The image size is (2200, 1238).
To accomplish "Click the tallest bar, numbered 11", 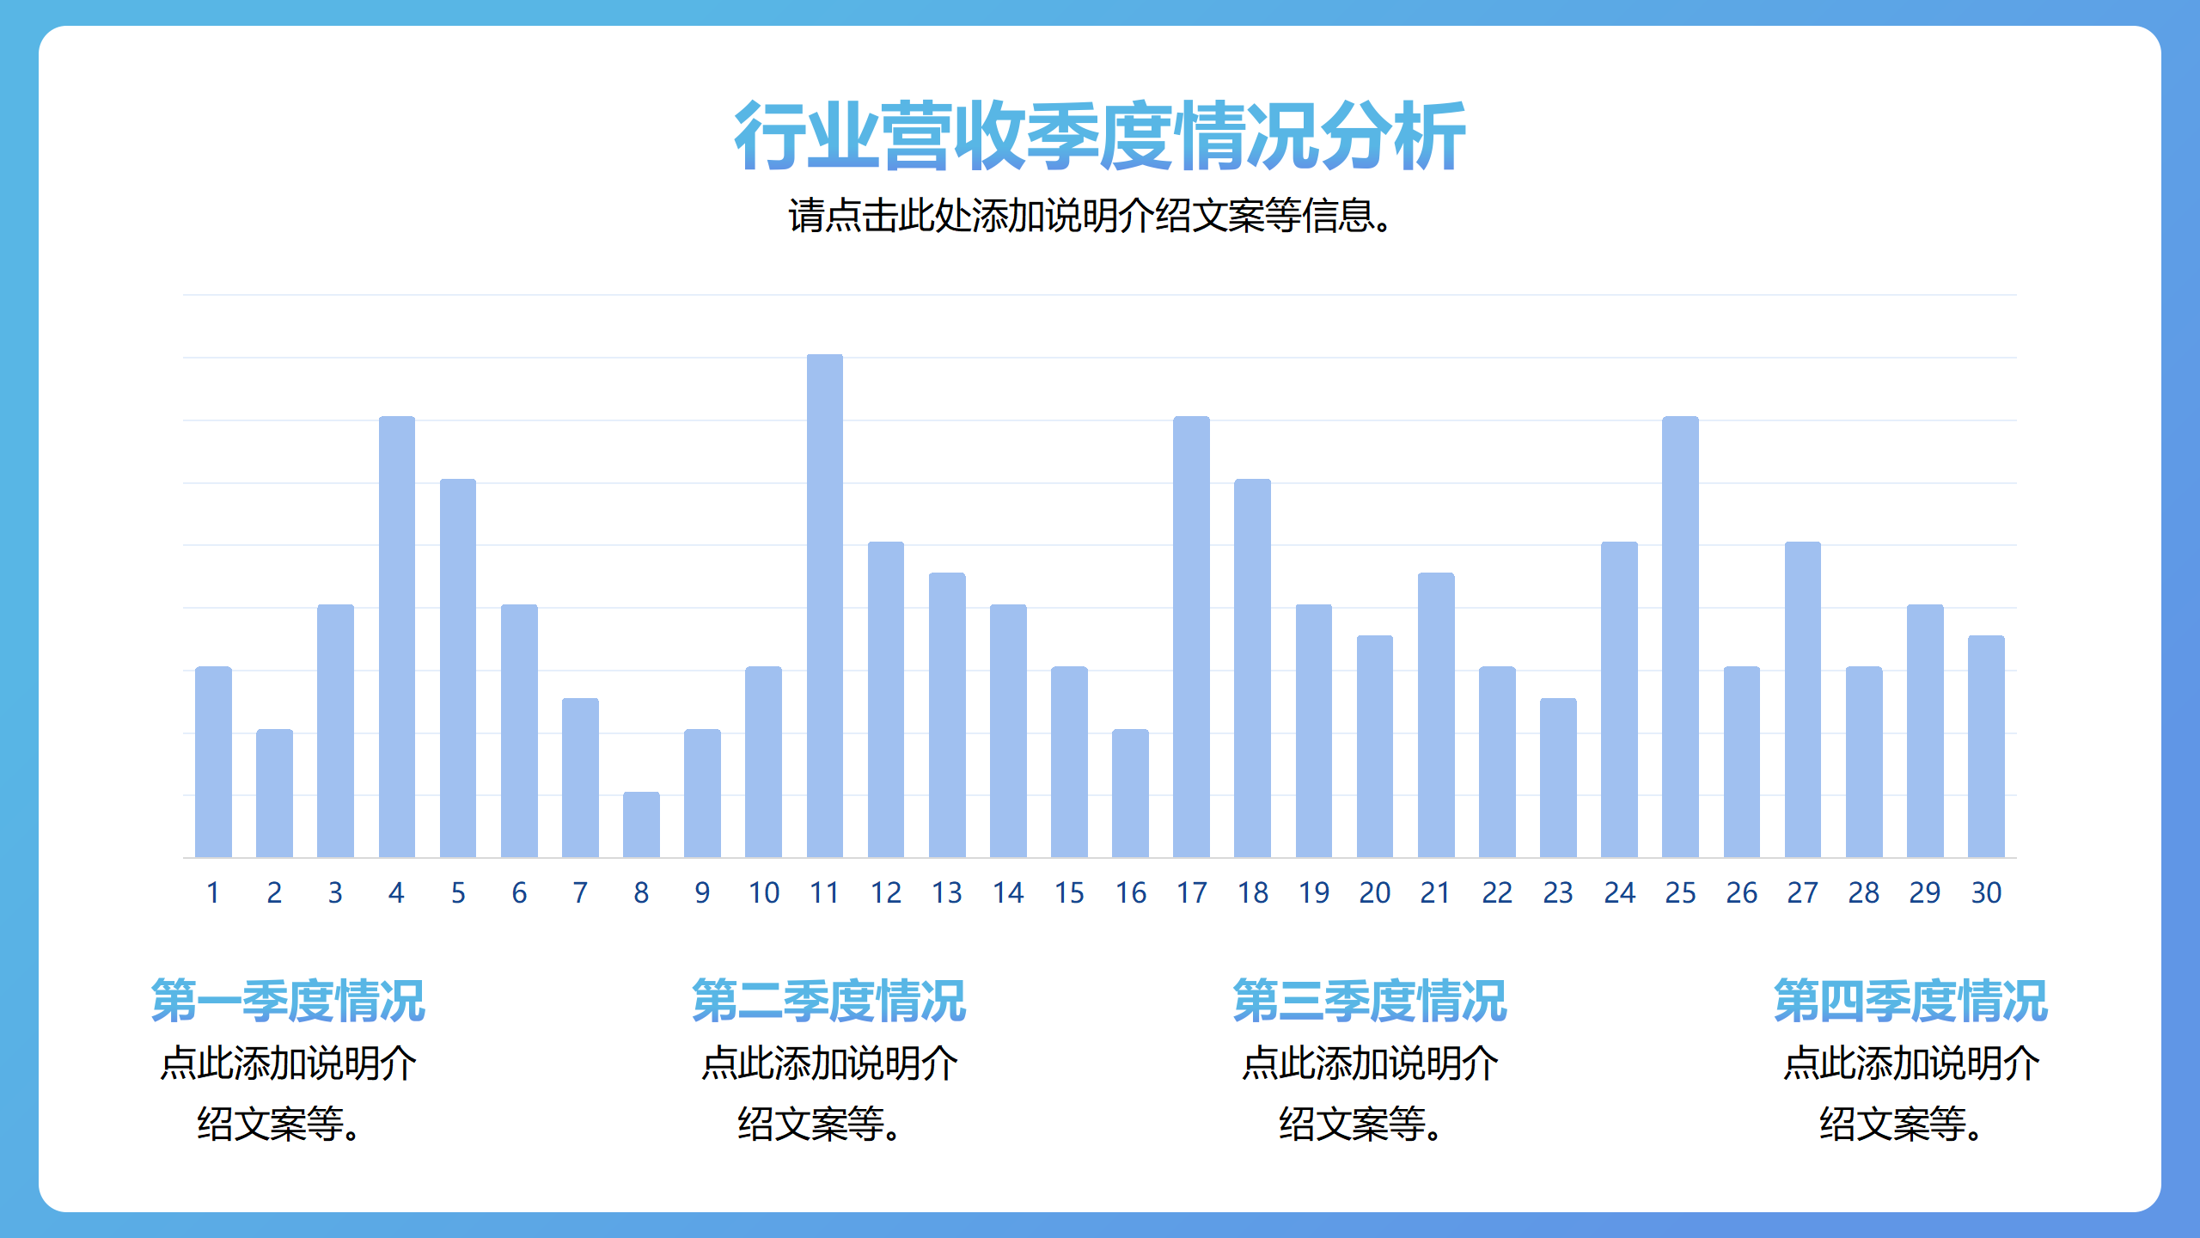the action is point(824,606).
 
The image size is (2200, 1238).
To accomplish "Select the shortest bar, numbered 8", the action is point(641,824).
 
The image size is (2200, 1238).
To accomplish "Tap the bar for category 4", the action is point(396,637).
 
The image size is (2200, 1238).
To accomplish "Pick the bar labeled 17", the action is point(1191,637).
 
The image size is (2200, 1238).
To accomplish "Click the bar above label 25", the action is point(1680,637).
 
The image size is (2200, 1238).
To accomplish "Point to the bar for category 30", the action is point(1986,746).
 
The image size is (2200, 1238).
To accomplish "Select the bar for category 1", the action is point(213,763).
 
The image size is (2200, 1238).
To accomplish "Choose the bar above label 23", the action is point(1558,778).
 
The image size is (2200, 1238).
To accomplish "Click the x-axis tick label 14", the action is point(1008,893).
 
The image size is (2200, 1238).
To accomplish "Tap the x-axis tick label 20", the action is point(1375,893).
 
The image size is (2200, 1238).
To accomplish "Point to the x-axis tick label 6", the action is point(519,893).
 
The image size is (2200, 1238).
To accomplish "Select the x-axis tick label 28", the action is point(1864,893).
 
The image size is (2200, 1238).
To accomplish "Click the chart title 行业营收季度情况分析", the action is point(1100,136).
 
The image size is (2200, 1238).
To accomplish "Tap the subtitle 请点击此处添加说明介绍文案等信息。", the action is point(1091,216).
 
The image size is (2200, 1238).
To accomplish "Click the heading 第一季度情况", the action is point(288,1001).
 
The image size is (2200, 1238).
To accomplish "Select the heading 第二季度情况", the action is point(829,1001).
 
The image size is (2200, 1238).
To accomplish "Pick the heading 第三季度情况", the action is point(1370,1001).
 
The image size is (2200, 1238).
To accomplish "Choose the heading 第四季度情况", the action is point(1911,1001).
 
